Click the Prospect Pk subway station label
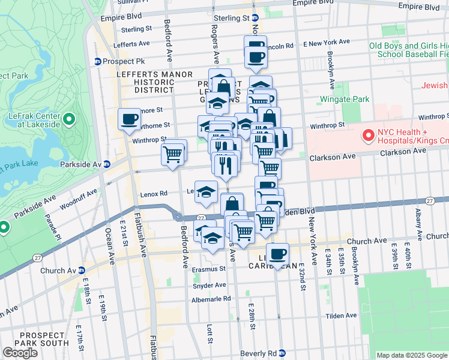pos(119,61)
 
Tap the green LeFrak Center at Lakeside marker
pos(69,120)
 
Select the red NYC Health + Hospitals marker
pos(367,136)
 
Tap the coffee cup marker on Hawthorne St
pos(129,119)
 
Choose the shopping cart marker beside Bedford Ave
pos(173,153)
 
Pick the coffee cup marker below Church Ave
pos(277,254)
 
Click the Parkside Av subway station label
pos(85,164)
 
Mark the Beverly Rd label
pos(257,353)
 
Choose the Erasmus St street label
pos(205,269)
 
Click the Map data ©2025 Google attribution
pos(411,355)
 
